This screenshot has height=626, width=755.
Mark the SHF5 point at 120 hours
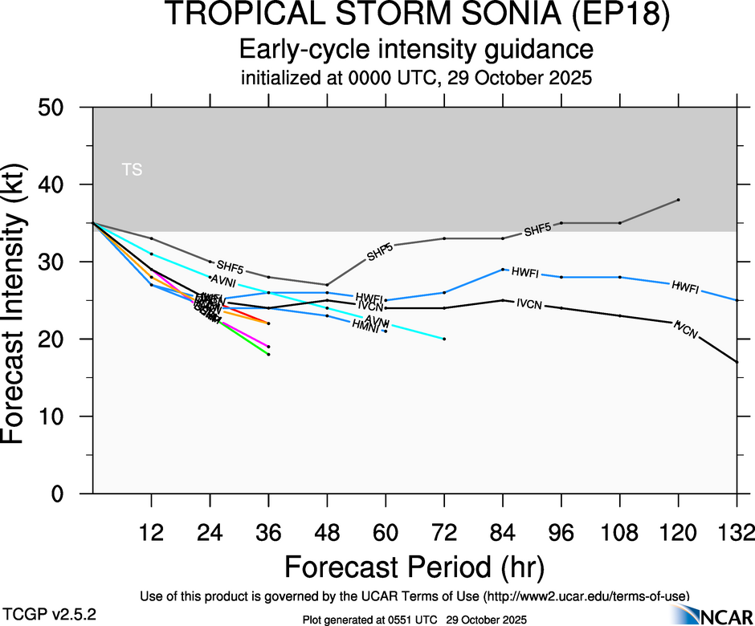pyautogui.click(x=679, y=199)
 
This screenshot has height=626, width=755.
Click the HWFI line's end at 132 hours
pyautogui.click(x=737, y=300)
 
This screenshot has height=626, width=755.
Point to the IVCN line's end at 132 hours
pyautogui.click(x=737, y=362)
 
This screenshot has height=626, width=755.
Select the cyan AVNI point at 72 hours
pyautogui.click(x=444, y=339)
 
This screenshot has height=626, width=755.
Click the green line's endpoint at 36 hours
pyautogui.click(x=268, y=354)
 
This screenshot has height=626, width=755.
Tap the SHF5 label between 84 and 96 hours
pyautogui.click(x=537, y=231)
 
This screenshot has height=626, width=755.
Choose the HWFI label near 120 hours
pyautogui.click(x=685, y=286)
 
